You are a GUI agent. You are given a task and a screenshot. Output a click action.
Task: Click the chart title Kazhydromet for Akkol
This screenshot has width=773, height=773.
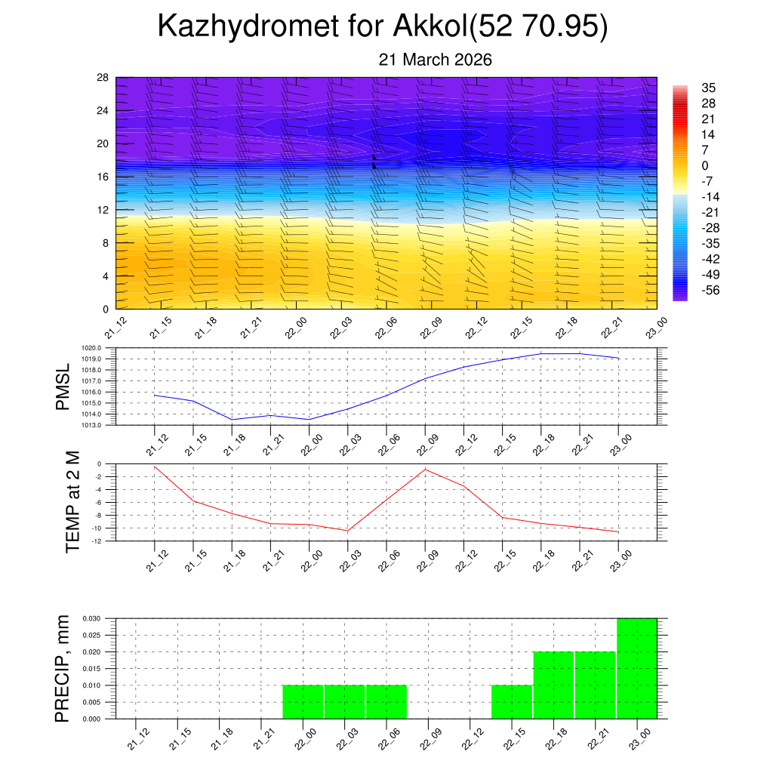383,27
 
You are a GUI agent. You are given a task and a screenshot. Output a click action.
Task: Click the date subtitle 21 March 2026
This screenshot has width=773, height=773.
435,60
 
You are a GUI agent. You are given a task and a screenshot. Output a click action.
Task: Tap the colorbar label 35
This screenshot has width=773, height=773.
708,88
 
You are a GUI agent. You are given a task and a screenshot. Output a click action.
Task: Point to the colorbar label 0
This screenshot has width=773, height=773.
705,166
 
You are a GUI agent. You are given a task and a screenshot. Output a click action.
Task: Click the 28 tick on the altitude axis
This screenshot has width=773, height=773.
103,78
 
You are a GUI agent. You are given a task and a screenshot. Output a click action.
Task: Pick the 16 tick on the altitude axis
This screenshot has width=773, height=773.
103,177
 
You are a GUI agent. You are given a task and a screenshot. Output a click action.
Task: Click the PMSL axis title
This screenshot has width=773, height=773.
63,386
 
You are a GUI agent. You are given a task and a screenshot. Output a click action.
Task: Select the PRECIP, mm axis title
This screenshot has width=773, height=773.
63,668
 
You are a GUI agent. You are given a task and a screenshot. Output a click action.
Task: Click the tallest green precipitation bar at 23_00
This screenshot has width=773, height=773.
636,668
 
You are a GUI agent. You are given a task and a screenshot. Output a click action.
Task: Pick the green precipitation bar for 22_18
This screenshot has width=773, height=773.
553,685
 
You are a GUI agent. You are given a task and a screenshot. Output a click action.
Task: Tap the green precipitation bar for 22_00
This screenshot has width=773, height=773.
303,702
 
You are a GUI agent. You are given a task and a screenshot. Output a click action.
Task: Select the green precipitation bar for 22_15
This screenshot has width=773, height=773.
512,702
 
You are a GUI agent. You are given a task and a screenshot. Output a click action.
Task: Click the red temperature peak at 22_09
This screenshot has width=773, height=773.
425,469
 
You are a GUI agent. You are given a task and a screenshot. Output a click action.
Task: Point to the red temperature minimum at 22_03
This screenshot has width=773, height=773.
348,531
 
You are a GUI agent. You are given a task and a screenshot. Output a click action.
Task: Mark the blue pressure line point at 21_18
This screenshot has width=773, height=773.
232,420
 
